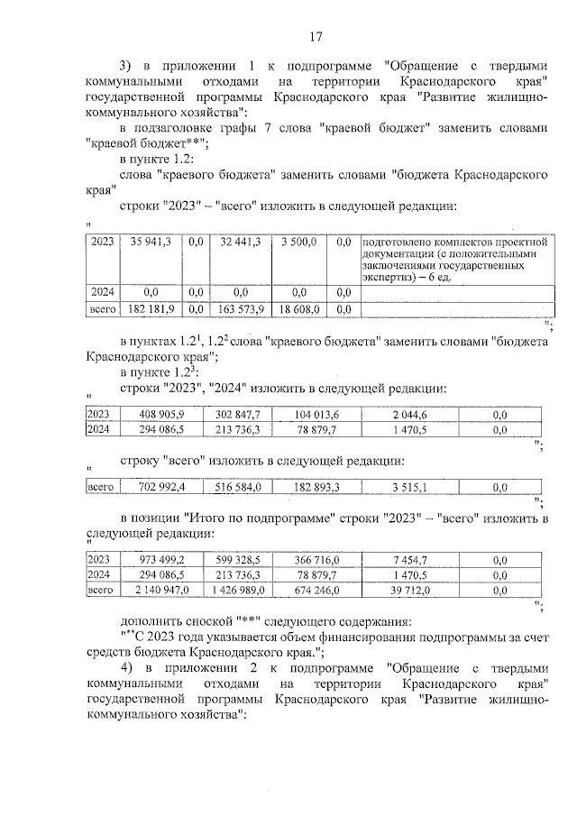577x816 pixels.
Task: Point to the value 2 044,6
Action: (x=410, y=414)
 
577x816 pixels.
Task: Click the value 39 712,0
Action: (x=410, y=590)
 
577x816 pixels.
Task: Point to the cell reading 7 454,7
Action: (x=410, y=559)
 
